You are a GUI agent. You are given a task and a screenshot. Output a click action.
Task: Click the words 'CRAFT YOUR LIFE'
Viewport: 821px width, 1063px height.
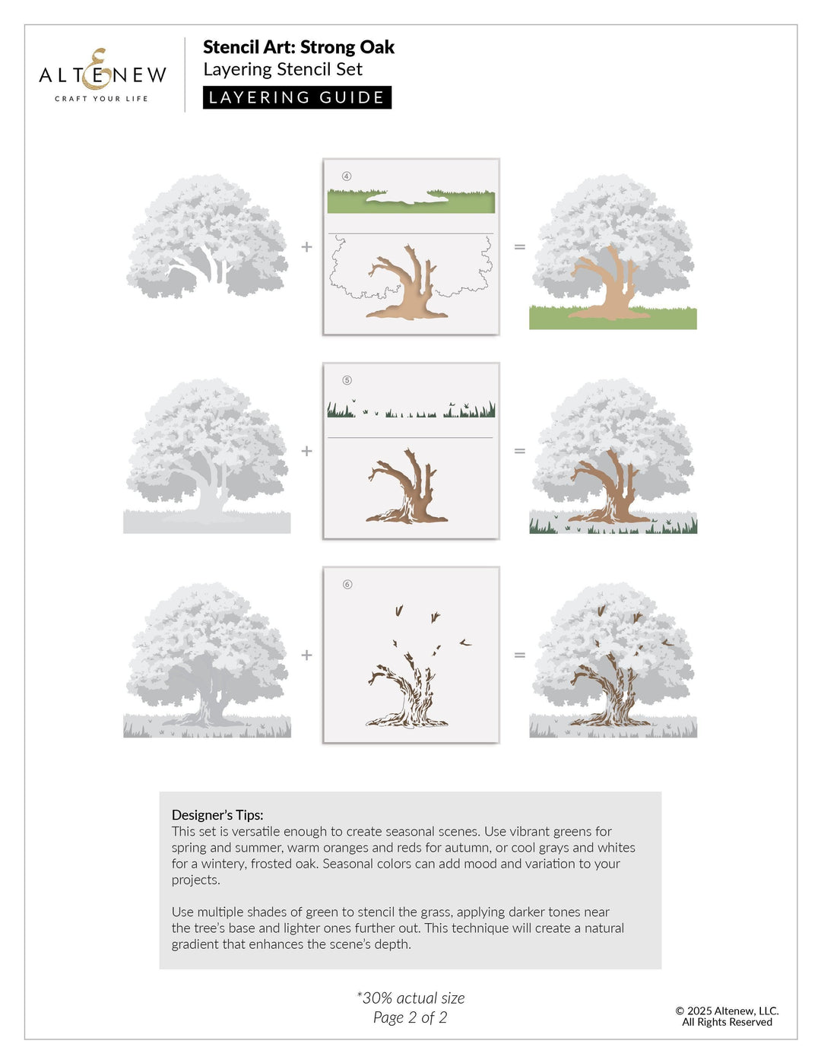click(x=101, y=99)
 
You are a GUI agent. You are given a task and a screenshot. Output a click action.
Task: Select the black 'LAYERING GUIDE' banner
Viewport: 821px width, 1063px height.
click(x=296, y=97)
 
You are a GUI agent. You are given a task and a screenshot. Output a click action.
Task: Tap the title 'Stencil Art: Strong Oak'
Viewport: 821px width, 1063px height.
click(x=298, y=47)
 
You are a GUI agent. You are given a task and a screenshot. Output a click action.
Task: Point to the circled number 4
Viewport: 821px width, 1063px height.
click(x=347, y=176)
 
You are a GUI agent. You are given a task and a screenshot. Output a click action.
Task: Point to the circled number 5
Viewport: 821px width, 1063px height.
click(x=347, y=380)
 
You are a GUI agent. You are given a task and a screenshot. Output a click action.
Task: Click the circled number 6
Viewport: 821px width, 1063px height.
click(x=347, y=585)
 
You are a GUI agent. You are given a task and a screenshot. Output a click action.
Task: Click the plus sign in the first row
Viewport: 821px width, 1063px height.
click(x=306, y=246)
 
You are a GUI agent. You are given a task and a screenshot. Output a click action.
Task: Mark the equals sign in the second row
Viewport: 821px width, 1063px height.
click(x=520, y=451)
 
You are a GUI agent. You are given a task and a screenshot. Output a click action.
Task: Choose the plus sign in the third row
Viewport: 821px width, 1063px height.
click(x=306, y=655)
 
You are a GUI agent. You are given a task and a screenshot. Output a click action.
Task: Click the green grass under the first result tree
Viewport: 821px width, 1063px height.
click(x=555, y=319)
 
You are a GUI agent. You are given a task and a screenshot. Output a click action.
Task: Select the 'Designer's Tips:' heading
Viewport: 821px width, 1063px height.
click(x=217, y=815)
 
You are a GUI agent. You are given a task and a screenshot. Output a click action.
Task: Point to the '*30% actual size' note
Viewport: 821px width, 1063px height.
click(x=410, y=998)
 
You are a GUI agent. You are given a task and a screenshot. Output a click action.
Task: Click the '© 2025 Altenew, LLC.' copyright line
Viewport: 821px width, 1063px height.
click(x=727, y=1011)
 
